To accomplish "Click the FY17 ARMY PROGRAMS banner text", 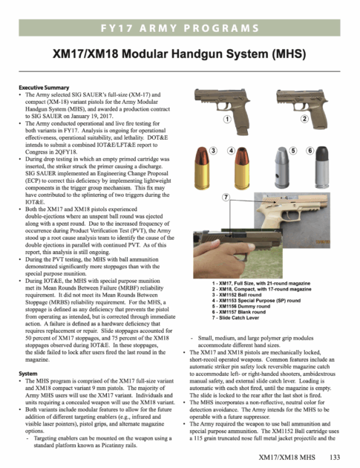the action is tap(180, 28).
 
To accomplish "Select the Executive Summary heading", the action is tap(44, 88).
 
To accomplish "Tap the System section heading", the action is tap(28, 374).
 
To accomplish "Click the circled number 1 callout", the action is tap(227, 119).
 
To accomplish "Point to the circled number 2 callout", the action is tap(304, 119).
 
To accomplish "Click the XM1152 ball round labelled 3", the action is tap(202, 168).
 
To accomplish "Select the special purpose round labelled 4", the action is tap(241, 168).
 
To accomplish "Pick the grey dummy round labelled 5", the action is tap(281, 168).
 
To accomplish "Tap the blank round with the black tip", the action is tap(321, 167).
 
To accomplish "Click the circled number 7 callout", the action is tap(226, 197).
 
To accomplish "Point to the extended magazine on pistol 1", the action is tap(242, 131).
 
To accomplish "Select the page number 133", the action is tap(335, 458).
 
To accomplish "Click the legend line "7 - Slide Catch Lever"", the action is tap(235, 318).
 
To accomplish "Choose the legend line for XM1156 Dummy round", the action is tap(241, 306).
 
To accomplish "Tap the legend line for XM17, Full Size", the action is tap(261, 283).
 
